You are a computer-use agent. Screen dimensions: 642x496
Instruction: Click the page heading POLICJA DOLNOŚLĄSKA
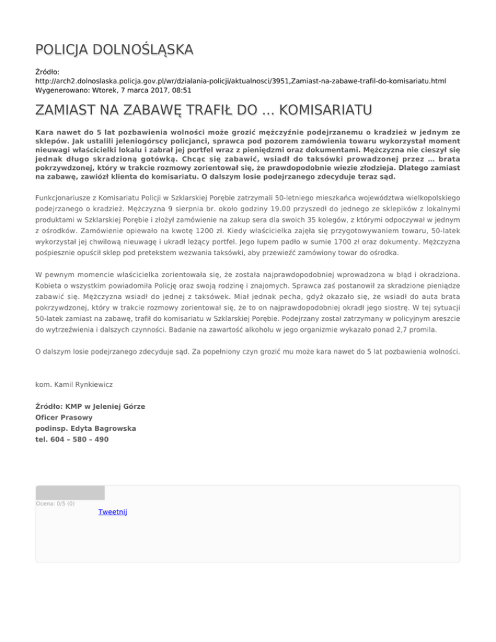(x=114, y=50)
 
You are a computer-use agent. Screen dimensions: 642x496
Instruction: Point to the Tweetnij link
(x=113, y=512)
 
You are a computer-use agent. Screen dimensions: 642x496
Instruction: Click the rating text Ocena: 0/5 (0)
(x=55, y=504)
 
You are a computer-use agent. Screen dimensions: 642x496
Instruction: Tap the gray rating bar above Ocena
(x=70, y=493)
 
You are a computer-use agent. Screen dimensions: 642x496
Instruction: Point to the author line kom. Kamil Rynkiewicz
(x=74, y=384)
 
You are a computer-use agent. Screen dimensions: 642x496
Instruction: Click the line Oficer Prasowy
(x=63, y=417)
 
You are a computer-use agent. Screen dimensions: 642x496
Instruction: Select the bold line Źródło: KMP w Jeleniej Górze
(x=90, y=406)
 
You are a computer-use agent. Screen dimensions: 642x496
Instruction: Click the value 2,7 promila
(x=411, y=329)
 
